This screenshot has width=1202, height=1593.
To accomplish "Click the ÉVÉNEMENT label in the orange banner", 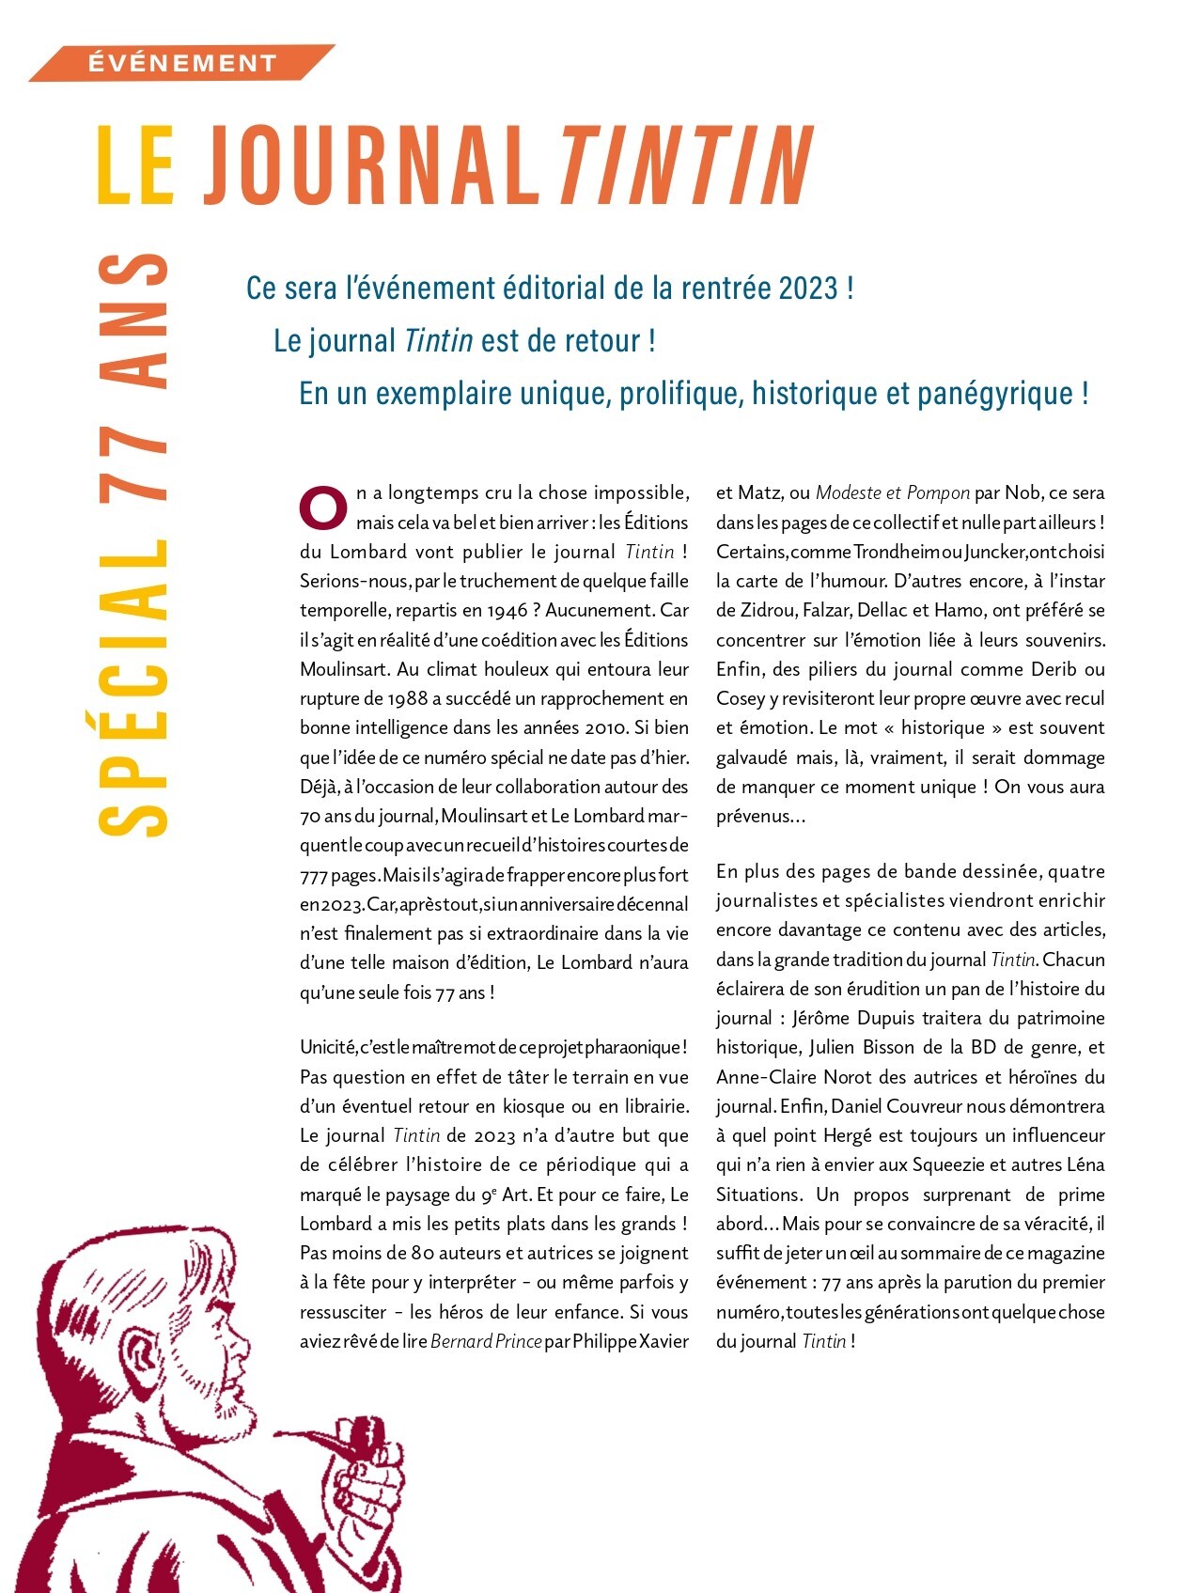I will tap(182, 63).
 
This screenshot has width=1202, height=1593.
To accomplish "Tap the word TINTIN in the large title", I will tap(686, 165).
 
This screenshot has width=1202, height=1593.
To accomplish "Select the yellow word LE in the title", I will tap(136, 165).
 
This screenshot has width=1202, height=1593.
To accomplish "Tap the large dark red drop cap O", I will tap(322, 507).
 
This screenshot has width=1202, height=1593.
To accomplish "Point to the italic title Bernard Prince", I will tap(486, 1341).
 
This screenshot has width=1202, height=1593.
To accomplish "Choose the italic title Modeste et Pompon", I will tap(892, 492).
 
